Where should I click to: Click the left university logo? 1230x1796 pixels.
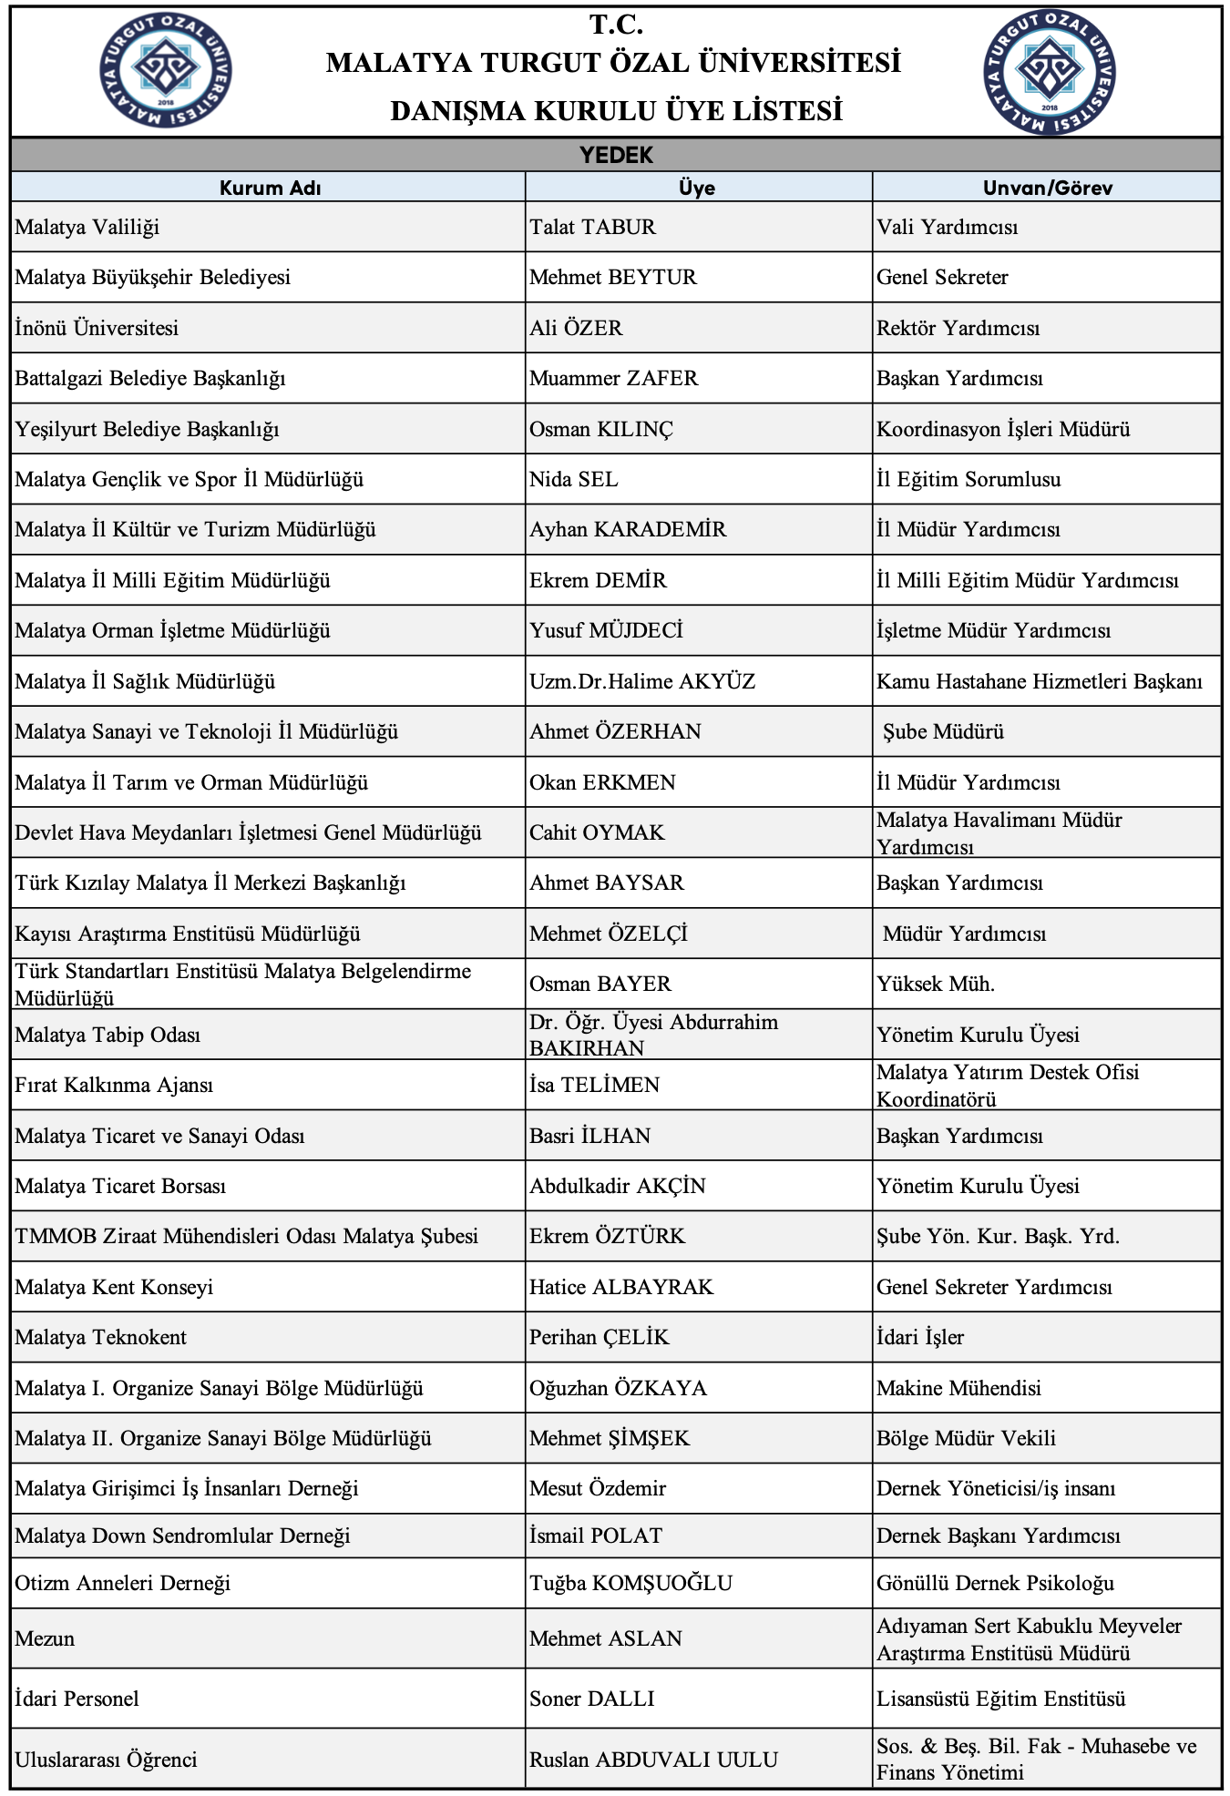point(166,69)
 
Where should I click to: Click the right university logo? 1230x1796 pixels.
point(1050,71)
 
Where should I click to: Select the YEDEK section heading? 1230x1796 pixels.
point(616,155)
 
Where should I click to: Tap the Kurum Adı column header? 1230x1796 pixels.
point(270,188)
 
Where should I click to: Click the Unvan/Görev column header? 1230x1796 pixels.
point(1047,188)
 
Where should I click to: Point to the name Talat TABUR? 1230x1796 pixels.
point(592,227)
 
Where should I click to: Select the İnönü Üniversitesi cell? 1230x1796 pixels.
point(97,328)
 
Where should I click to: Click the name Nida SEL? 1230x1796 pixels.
point(573,479)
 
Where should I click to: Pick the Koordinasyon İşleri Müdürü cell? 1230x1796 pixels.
point(1003,429)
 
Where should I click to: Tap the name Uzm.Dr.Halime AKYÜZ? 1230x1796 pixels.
point(642,681)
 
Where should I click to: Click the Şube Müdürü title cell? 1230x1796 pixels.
point(943,731)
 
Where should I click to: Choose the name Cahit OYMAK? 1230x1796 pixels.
point(597,832)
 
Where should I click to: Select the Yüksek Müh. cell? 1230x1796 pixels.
point(936,984)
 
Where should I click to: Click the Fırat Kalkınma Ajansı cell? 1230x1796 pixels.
point(114,1085)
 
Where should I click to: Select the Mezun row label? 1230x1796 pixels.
point(45,1638)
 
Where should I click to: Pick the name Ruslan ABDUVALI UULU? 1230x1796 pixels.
point(653,1760)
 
